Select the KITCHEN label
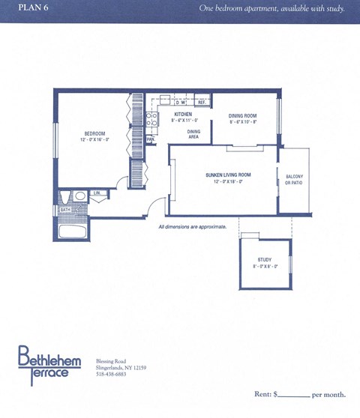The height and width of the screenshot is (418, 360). click(x=183, y=115)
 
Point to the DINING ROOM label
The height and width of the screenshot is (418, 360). click(x=243, y=116)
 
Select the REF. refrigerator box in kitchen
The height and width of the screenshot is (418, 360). click(x=201, y=102)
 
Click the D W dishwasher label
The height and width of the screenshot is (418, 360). click(x=181, y=102)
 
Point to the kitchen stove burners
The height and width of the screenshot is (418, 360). click(x=151, y=118)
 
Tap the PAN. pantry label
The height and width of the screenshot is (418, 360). click(x=151, y=139)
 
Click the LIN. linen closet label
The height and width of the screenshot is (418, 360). click(x=97, y=193)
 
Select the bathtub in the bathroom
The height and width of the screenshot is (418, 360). click(x=73, y=230)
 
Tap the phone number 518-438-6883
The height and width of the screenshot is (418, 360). click(x=112, y=374)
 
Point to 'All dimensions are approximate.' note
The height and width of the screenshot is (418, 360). click(x=192, y=226)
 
